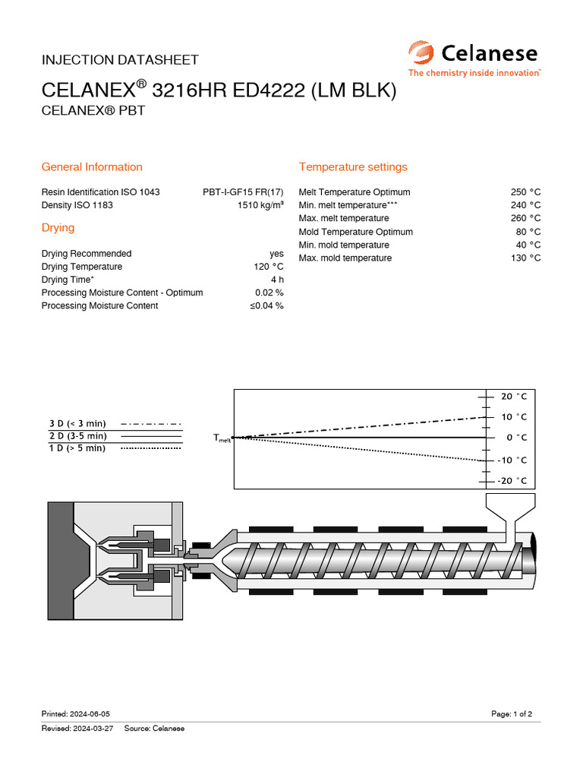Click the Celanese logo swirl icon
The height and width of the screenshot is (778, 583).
pos(421,54)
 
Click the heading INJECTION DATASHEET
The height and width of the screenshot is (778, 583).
pos(120,59)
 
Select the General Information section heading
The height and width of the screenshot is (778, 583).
pos(92,167)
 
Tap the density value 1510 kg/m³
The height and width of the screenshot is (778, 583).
pos(260,206)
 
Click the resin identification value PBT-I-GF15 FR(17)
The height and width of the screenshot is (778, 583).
pos(243,192)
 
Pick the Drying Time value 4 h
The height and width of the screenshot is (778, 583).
pos(278,280)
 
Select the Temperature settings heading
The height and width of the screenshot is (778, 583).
pos(353,167)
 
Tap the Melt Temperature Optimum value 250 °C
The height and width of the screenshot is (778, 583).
pos(525,192)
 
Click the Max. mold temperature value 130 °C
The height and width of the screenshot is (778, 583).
pos(525,258)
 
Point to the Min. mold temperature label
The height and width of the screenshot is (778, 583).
pos(344,245)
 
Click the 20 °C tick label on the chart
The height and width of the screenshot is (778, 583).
pos(513,397)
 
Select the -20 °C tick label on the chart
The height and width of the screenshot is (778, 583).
pos(512,480)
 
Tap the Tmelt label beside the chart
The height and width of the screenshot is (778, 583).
pos(222,438)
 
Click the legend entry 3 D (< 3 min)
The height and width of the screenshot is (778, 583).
pos(77,423)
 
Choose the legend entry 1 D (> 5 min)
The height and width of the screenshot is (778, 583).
pos(77,448)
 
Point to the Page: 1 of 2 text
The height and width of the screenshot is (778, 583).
pos(512,714)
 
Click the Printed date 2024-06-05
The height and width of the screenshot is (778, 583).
pos(90,714)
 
